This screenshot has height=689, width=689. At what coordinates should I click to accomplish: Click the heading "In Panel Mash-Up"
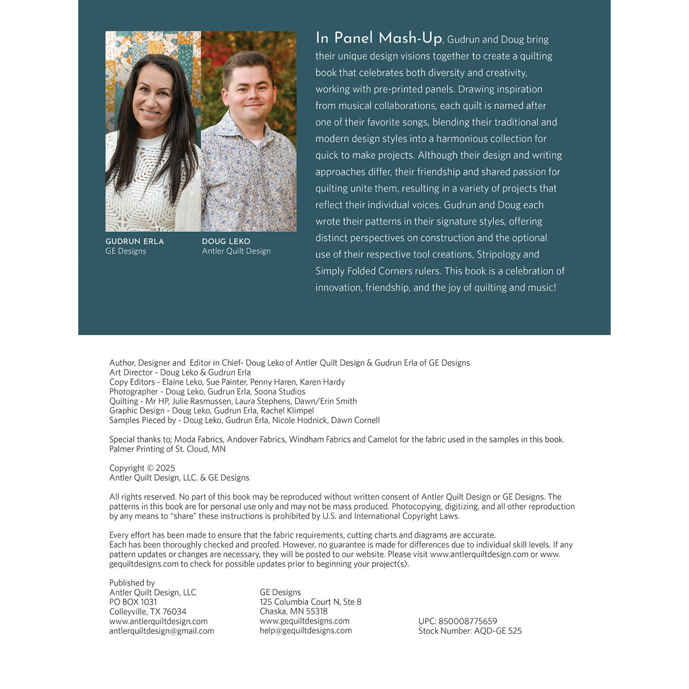(x=378, y=38)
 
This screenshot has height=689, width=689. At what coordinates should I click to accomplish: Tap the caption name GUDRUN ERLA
(x=134, y=242)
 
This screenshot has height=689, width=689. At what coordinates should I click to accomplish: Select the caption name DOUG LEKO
(x=226, y=242)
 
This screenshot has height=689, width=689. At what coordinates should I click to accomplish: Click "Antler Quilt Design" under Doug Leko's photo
(x=236, y=251)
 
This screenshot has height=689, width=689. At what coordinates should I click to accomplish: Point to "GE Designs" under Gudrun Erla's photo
(x=126, y=251)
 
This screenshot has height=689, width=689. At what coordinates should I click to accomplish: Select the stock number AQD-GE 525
(x=498, y=631)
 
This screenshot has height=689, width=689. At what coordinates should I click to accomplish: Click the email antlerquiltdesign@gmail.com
(x=161, y=631)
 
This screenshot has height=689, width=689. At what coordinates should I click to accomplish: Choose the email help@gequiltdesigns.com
(x=305, y=630)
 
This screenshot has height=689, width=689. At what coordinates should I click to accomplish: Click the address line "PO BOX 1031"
(x=133, y=602)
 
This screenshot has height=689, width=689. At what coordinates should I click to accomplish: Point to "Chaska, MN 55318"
(x=293, y=611)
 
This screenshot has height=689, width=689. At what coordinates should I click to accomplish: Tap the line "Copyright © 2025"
(x=142, y=468)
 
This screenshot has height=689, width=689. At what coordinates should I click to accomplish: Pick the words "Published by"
(x=132, y=583)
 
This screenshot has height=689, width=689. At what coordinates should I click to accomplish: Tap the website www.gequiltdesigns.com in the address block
(x=304, y=621)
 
